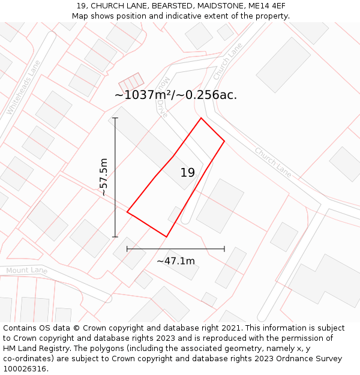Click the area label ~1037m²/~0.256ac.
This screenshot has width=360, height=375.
click(176, 95)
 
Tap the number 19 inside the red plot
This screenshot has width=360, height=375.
click(188, 173)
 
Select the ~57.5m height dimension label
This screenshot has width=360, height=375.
click(103, 177)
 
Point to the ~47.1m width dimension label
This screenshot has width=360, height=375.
click(176, 261)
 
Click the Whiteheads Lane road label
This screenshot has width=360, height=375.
click(23, 88)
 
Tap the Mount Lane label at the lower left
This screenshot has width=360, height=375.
click(26, 271)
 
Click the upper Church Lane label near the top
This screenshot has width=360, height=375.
click(227, 61)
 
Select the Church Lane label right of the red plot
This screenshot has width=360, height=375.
click(273, 162)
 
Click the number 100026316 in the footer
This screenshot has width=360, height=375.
click(24, 369)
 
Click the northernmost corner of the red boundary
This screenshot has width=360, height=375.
click(201, 118)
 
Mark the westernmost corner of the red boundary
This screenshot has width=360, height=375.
click(127, 212)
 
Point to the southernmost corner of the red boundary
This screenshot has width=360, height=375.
click(166, 237)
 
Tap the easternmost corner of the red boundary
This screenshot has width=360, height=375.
click(224, 141)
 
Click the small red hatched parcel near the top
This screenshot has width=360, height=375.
click(131, 82)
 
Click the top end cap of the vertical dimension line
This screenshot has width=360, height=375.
click(115, 118)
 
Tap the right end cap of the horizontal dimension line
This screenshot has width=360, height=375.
click(224, 248)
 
